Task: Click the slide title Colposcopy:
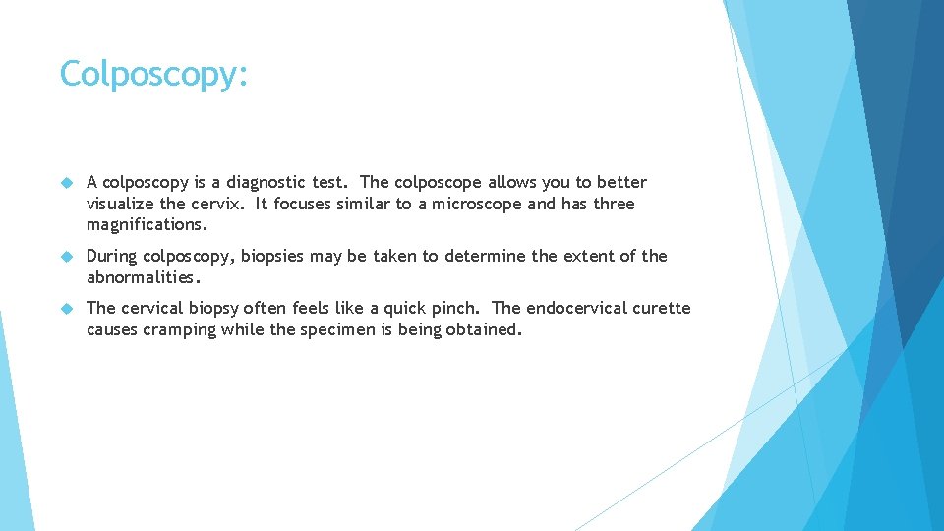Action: point(153,75)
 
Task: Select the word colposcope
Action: point(438,182)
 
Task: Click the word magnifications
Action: point(147,225)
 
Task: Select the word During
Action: point(112,256)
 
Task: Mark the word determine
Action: point(484,256)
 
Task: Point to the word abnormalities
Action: point(142,277)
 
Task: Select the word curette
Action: point(662,308)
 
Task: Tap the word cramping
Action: point(179,329)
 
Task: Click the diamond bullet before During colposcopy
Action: point(67,257)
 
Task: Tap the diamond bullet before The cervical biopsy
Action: point(67,309)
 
